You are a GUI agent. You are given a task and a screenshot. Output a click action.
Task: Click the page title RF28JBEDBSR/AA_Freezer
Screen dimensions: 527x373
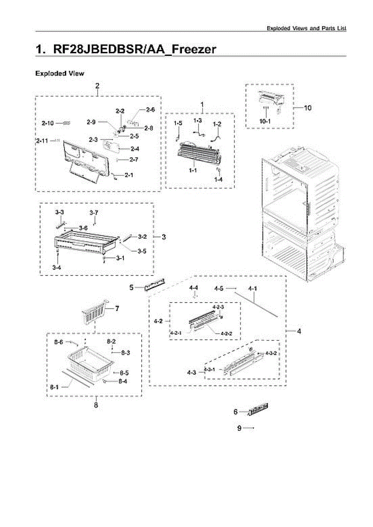[126, 49]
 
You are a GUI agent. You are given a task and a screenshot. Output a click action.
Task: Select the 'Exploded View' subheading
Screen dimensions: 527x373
[60, 73]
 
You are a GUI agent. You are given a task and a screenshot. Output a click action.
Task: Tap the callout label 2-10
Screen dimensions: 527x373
[48, 124]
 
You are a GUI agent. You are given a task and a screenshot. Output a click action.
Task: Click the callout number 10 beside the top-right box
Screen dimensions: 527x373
[308, 108]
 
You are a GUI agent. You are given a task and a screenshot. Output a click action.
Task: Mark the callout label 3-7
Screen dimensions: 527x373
[94, 213]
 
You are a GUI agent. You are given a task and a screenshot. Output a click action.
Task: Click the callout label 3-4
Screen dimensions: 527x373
[56, 267]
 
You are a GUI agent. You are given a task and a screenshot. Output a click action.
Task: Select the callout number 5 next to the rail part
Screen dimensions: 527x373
[131, 288]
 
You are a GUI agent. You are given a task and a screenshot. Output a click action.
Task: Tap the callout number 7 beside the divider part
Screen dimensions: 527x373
[117, 309]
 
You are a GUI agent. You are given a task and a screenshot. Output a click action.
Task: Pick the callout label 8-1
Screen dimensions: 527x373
[55, 387]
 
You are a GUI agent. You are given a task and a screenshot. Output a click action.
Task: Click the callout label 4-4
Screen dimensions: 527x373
[194, 288]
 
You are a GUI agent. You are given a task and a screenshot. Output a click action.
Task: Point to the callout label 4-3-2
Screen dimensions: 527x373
[271, 354]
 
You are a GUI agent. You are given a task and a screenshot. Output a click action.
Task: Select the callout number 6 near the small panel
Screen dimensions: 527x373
[235, 412]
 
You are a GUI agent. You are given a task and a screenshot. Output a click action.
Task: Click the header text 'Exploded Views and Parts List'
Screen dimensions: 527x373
[307, 28]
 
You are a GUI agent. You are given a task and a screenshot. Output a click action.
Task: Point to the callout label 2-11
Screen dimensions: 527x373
[43, 141]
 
